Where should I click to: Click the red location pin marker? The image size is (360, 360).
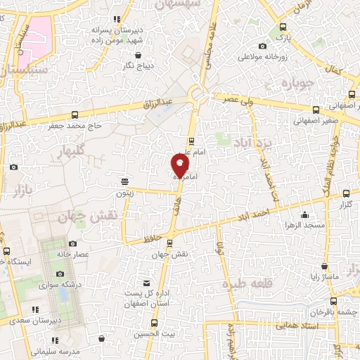pos(180,165)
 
